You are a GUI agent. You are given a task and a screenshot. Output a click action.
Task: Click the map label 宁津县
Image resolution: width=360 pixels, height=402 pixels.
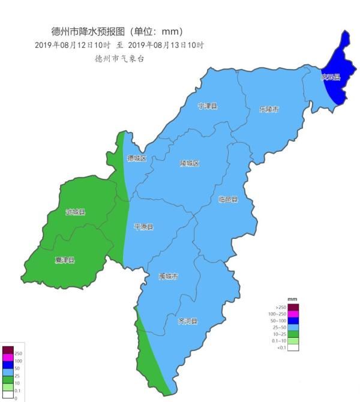[x=208, y=106]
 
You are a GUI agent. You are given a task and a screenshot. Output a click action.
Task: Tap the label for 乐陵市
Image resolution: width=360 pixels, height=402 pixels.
[x=269, y=109]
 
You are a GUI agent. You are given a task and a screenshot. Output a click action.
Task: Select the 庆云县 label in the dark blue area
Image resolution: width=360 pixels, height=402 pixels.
[x=330, y=77]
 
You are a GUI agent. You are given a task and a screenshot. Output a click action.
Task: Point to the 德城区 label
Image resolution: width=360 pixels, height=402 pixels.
[x=137, y=158]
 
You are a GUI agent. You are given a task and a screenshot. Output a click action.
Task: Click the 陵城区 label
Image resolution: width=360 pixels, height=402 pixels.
[x=189, y=163]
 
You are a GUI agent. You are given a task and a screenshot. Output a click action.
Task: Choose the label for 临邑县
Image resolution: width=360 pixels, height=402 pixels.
[x=228, y=199]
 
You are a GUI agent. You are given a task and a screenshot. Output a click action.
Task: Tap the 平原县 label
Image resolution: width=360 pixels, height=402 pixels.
[x=143, y=227]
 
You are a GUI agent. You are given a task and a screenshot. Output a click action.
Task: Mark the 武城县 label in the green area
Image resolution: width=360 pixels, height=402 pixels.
[x=76, y=212]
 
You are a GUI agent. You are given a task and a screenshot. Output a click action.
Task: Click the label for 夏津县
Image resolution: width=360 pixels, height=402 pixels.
[x=65, y=260]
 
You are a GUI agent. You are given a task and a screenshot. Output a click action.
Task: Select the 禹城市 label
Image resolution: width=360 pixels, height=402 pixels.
[x=169, y=277]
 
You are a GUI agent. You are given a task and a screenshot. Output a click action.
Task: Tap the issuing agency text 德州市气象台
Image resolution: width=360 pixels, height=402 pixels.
[x=120, y=59]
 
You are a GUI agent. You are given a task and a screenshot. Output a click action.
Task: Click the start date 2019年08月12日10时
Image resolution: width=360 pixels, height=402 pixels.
[x=73, y=46]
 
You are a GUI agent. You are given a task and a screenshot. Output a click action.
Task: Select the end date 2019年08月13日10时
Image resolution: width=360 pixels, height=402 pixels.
[x=166, y=46]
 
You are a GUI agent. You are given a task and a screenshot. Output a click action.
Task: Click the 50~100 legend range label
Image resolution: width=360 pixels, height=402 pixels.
[x=278, y=320]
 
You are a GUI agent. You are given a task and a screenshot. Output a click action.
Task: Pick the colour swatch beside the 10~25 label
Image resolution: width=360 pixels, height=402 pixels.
[x=293, y=334]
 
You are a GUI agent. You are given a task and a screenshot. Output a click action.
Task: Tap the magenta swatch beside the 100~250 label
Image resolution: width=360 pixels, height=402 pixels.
[x=293, y=314]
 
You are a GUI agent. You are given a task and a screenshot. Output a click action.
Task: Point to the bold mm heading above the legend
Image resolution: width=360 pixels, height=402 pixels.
[x=292, y=299]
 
